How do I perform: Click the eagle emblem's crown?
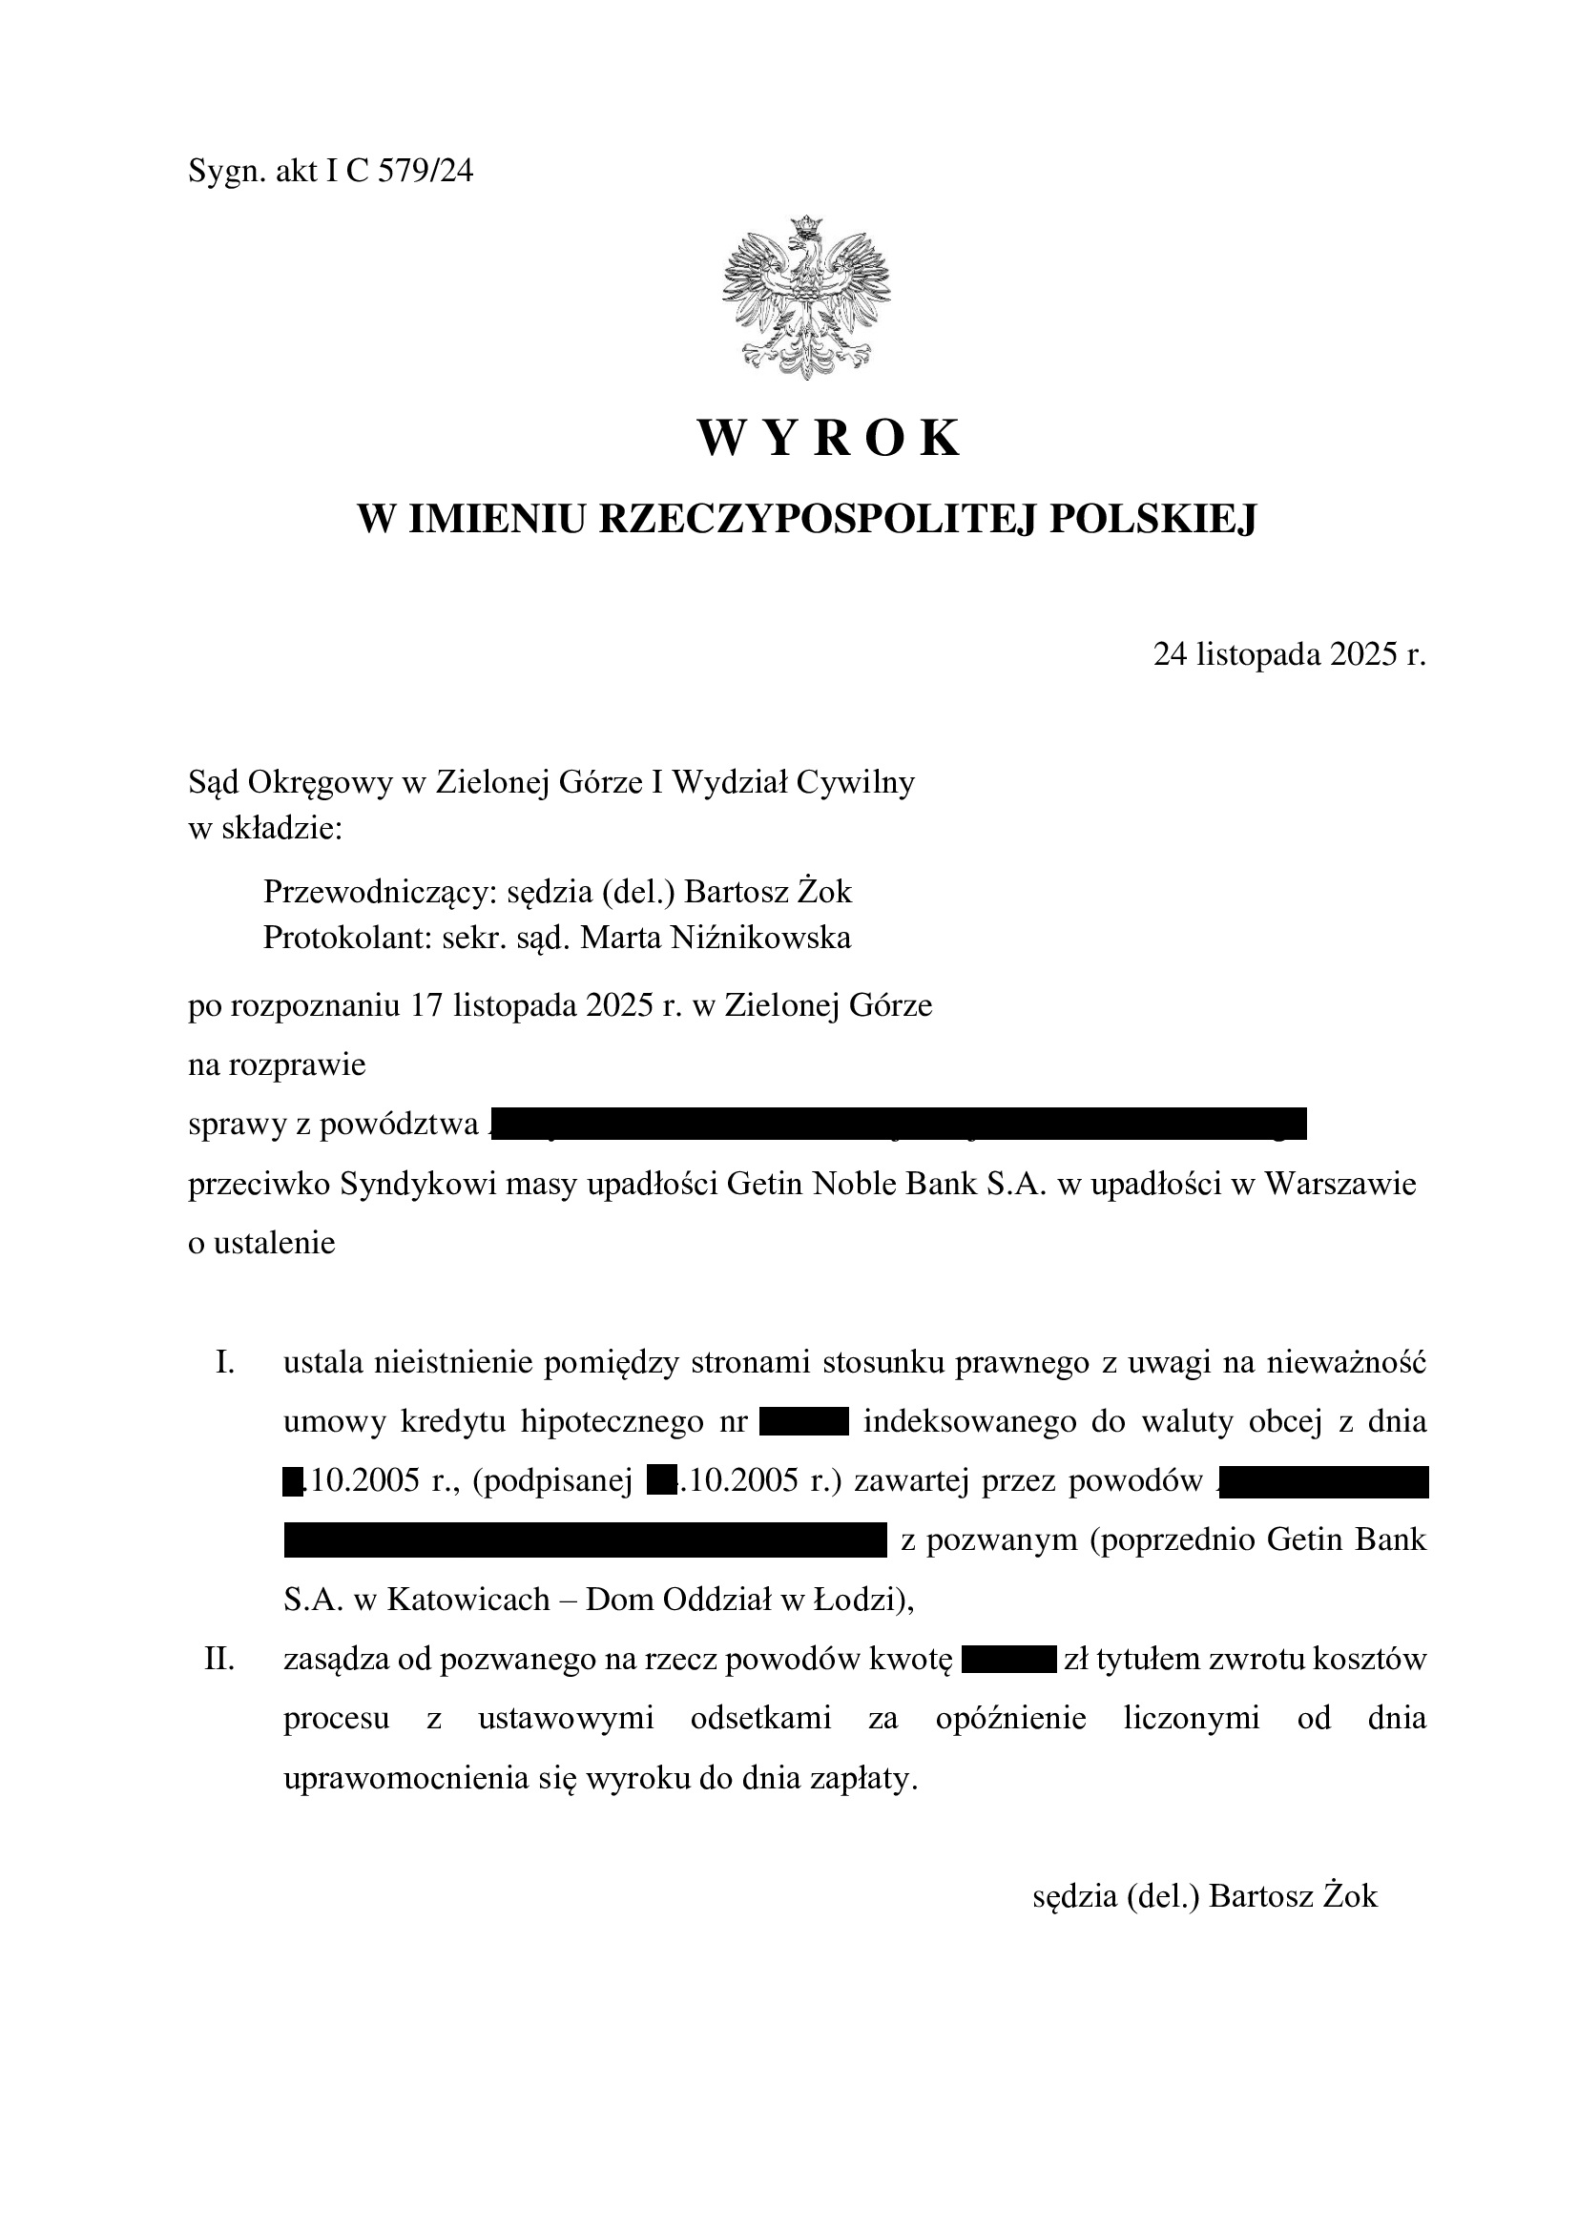(x=805, y=226)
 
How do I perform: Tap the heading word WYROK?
(x=829, y=438)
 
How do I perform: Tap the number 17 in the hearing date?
(x=426, y=1004)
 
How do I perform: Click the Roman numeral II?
(x=220, y=1659)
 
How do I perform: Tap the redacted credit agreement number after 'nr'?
(x=804, y=1421)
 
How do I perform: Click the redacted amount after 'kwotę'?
(x=1008, y=1659)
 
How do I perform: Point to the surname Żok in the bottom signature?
(x=1352, y=1897)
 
